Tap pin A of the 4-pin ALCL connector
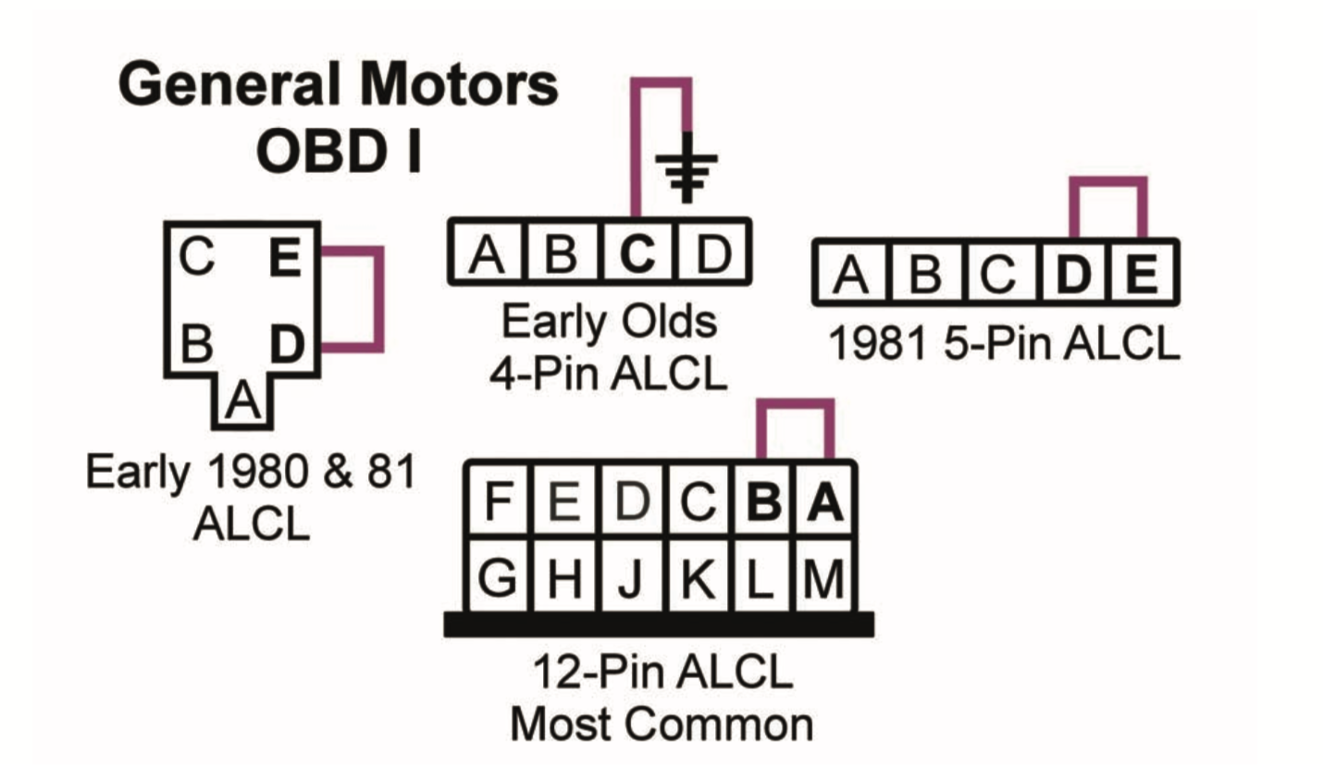pos(485,253)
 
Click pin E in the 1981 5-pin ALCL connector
pos(1143,275)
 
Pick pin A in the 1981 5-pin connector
pos(849,275)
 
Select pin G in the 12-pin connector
pos(500,578)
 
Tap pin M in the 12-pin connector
pos(824,578)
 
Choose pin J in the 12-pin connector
pos(630,578)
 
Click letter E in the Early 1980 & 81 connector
pos(287,260)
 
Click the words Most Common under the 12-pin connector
pos(662,724)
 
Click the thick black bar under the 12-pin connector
pos(659,625)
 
